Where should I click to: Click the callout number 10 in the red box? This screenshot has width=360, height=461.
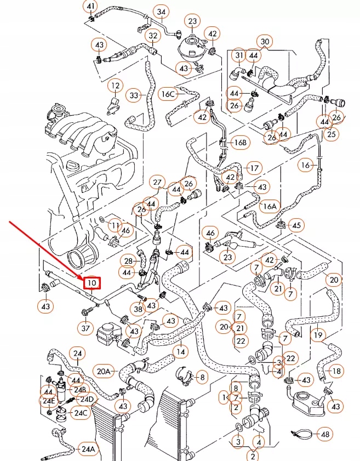pyautogui.click(x=92, y=282)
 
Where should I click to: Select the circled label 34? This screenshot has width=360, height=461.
pyautogui.click(x=161, y=12)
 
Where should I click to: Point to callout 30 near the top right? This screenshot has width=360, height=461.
pyautogui.click(x=265, y=42)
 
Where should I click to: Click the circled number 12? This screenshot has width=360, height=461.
pyautogui.click(x=115, y=86)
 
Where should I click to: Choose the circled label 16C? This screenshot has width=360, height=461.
pyautogui.click(x=168, y=94)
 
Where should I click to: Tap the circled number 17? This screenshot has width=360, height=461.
pyautogui.click(x=254, y=167)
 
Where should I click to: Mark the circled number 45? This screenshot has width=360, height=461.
pyautogui.click(x=296, y=225)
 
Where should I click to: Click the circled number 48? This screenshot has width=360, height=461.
pyautogui.click(x=325, y=434)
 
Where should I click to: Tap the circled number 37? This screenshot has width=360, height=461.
pyautogui.click(x=85, y=328)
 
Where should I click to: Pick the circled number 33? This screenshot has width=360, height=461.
pyautogui.click(x=134, y=95)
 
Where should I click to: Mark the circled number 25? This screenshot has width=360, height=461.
pyautogui.click(x=330, y=133)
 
